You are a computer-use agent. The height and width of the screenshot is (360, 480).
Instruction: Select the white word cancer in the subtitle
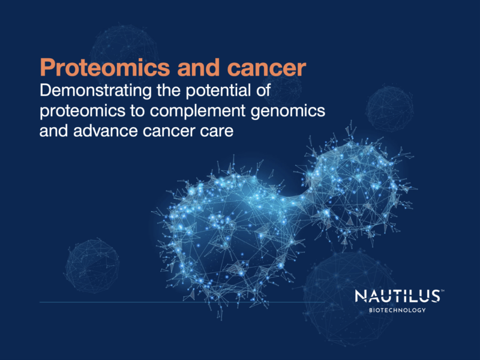click(167, 131)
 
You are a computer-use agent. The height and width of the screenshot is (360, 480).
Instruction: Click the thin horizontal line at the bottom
click(180, 301)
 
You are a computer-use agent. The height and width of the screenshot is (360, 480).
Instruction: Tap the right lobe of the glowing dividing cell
click(354, 186)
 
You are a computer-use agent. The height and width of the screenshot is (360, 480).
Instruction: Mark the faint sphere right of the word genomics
click(389, 108)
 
